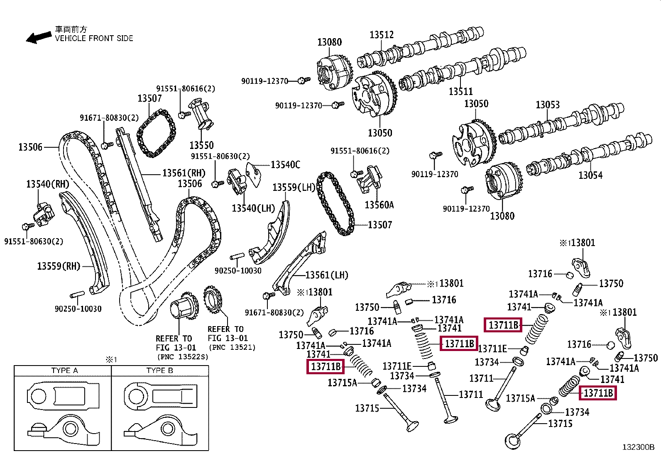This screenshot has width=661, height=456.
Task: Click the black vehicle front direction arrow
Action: [38, 37]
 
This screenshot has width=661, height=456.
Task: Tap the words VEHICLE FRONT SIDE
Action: [94, 38]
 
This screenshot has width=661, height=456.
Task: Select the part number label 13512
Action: [382, 35]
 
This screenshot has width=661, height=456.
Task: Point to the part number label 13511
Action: [460, 91]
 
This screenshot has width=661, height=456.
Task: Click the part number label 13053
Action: [547, 105]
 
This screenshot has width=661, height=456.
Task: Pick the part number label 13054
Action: [590, 175]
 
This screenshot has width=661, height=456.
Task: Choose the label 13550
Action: [201, 145]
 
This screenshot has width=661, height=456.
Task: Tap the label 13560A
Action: [379, 205]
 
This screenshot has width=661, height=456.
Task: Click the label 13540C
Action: [285, 165]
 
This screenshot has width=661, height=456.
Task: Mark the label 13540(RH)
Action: [47, 184]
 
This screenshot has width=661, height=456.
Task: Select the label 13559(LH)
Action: [294, 187]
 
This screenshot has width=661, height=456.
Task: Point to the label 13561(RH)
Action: [184, 173]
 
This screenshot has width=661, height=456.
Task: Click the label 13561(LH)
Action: [327, 275]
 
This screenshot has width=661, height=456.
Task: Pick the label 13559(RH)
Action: [59, 266]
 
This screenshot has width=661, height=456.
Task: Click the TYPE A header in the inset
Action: [65, 371]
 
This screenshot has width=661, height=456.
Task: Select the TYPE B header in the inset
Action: [159, 371]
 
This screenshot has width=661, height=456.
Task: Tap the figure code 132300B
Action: [638, 447]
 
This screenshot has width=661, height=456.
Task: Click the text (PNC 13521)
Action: [232, 347]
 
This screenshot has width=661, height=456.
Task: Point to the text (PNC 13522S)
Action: [183, 356]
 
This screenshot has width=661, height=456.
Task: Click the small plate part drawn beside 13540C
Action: [254, 174]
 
